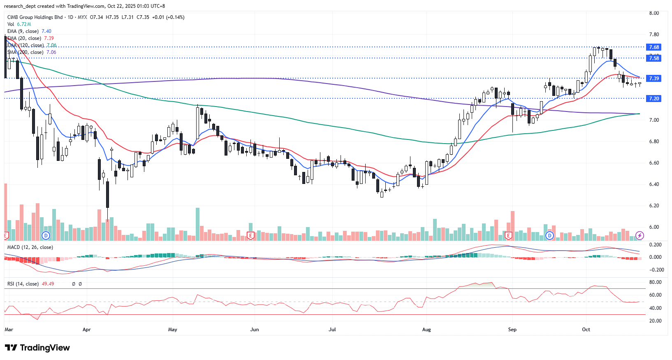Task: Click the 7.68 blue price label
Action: (654, 47)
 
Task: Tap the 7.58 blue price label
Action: (654, 58)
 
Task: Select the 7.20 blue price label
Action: (654, 99)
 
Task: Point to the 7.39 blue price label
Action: (654, 79)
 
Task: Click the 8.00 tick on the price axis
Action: (654, 13)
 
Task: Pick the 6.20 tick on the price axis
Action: (654, 206)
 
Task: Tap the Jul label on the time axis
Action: (332, 330)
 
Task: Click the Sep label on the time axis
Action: (512, 330)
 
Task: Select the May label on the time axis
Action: (173, 330)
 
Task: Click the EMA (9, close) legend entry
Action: (23, 31)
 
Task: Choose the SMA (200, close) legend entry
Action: (25, 52)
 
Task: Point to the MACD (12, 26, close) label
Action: (30, 247)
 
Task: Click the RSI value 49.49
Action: (48, 284)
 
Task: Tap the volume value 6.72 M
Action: (24, 24)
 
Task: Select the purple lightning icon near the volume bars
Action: (640, 235)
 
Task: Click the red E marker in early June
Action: (250, 236)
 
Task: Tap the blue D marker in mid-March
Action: (46, 236)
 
